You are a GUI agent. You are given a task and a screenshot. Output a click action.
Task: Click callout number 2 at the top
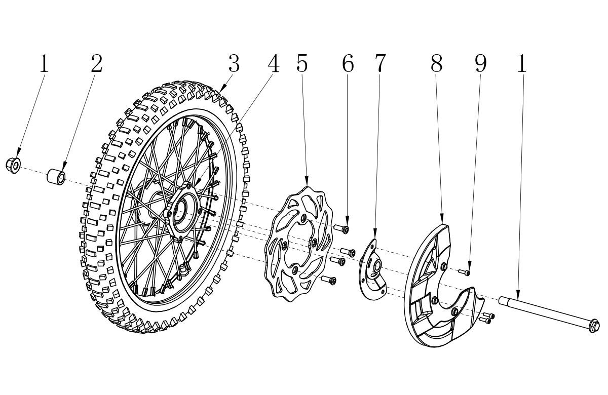click(x=97, y=63)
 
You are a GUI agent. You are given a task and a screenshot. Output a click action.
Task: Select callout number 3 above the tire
click(x=234, y=63)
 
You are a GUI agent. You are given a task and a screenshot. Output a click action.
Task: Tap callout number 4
click(x=273, y=63)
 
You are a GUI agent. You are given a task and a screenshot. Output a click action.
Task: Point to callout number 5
click(x=302, y=63)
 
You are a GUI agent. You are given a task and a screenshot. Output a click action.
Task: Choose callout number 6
click(x=348, y=63)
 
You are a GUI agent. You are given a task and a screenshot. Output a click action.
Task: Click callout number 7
click(x=380, y=63)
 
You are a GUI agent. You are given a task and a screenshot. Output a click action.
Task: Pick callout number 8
click(x=436, y=63)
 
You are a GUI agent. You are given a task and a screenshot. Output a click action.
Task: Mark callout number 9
click(x=480, y=63)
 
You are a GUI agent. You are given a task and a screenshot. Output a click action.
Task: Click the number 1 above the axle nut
click(x=44, y=63)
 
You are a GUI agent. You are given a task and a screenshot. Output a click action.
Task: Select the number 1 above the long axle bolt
click(x=522, y=63)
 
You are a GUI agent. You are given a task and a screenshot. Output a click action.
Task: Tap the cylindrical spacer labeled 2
click(x=56, y=177)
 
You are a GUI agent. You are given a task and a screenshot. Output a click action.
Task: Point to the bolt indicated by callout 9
click(x=464, y=272)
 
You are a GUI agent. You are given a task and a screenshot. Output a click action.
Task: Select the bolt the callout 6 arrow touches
click(x=341, y=229)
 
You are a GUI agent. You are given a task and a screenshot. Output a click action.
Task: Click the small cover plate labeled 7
click(x=372, y=269)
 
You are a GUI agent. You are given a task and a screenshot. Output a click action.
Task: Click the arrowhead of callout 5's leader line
click(x=307, y=181)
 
